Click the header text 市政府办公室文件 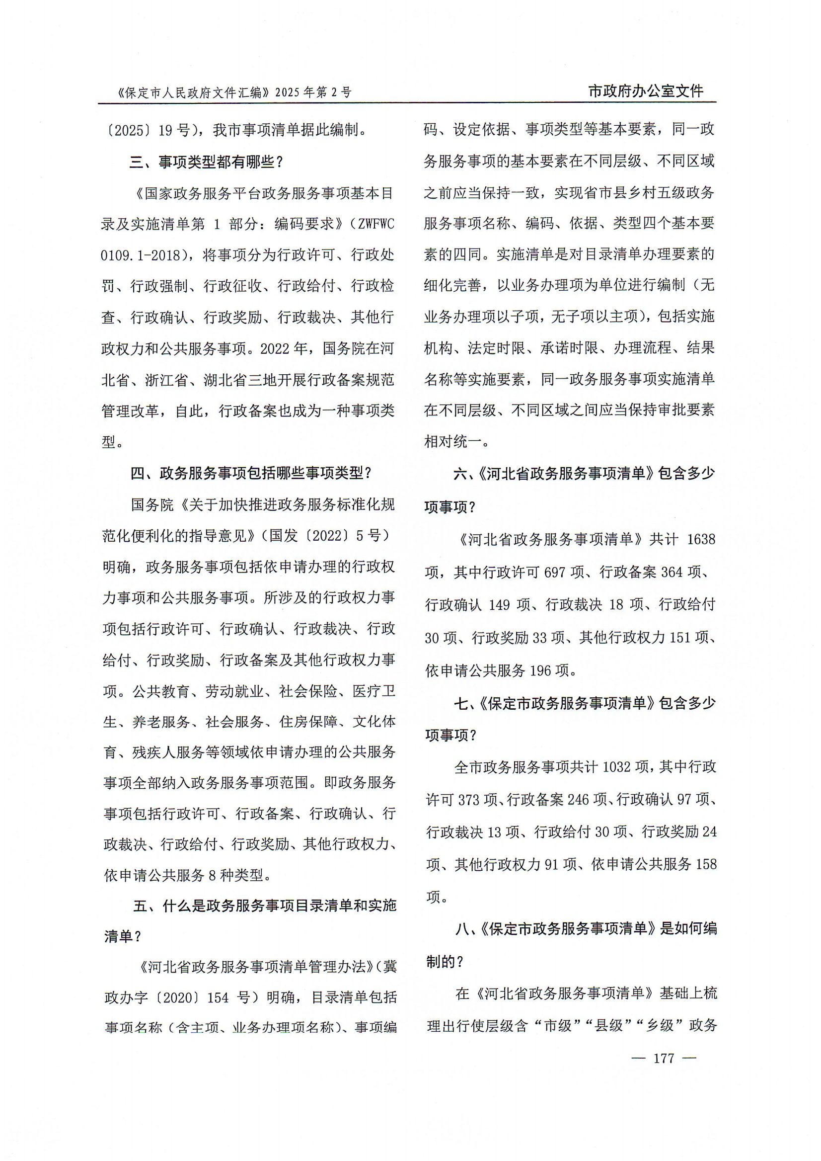coord(646,91)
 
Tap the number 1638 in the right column coord(701,539)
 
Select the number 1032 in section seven coord(617,767)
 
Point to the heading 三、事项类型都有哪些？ coord(207,162)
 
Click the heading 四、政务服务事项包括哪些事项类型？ coord(251,473)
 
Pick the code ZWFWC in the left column coord(376,224)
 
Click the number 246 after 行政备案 coord(579,800)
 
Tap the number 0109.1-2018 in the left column coord(141,255)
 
